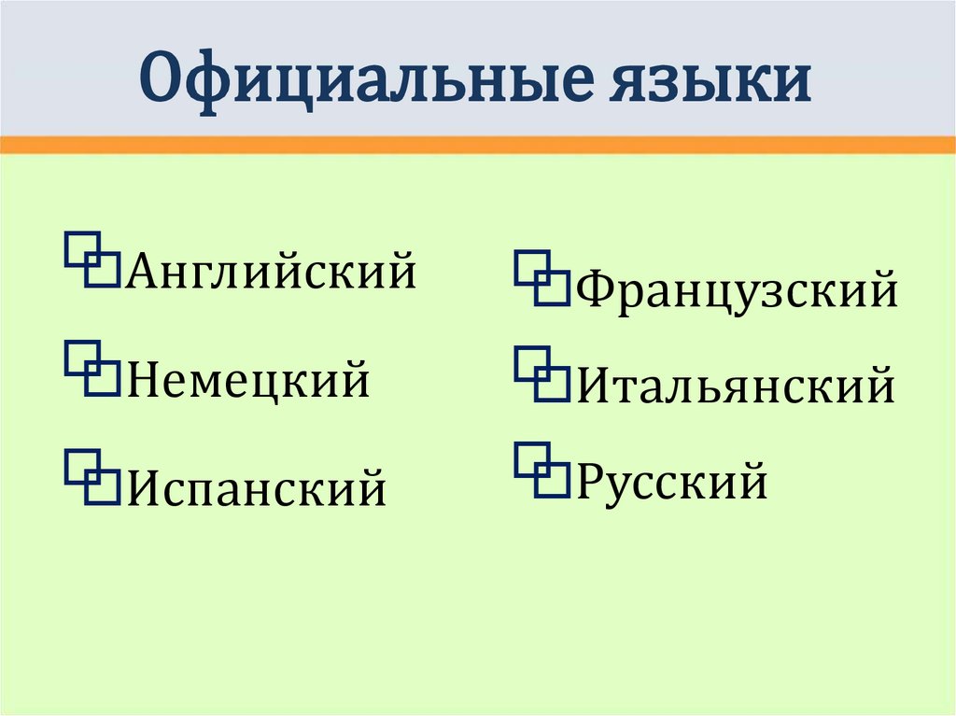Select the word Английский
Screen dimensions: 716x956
tap(271, 272)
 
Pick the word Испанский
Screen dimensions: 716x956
tap(256, 487)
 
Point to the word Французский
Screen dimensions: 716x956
tap(738, 291)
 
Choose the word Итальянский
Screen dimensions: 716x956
tap(736, 386)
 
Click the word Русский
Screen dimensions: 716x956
tap(672, 483)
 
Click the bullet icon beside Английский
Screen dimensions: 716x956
tap(91, 260)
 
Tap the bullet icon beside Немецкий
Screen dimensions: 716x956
tap(91, 369)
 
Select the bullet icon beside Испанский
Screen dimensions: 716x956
tap(91, 476)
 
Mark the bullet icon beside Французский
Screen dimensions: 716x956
tap(541, 278)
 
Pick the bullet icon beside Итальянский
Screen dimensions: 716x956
tap(541, 374)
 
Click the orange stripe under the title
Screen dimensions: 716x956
tap(478, 145)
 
